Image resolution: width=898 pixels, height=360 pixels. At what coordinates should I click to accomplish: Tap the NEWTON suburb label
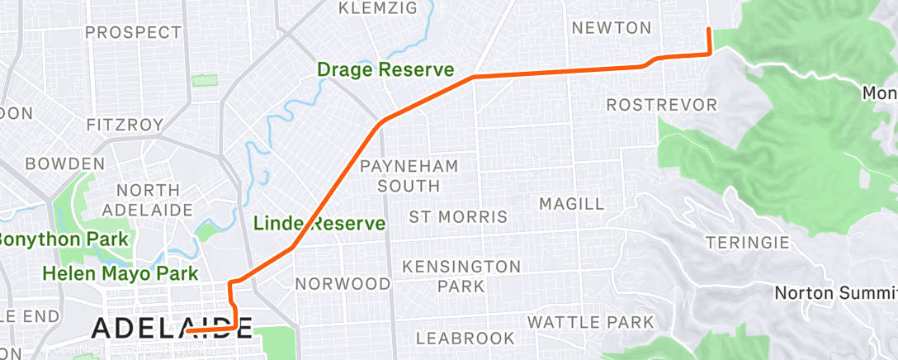(612, 28)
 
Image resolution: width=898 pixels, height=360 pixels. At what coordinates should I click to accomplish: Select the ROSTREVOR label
(662, 106)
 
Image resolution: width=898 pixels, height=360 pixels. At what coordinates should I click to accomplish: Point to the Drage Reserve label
(385, 70)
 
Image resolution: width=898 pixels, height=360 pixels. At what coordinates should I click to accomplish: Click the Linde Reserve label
(319, 223)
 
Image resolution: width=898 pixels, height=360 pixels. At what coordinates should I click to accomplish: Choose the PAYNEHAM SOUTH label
(409, 174)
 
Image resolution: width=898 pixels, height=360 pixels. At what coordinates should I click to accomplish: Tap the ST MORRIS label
(458, 217)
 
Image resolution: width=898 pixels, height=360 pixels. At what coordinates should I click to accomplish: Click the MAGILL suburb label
(571, 203)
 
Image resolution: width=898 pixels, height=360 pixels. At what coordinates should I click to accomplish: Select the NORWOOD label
(343, 284)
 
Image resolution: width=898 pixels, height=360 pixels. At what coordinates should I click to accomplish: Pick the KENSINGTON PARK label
(461, 276)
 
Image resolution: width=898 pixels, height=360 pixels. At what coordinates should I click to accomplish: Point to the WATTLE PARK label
(590, 321)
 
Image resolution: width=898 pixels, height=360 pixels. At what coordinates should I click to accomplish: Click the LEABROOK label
(466, 338)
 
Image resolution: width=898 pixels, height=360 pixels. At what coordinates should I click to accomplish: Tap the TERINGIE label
(748, 243)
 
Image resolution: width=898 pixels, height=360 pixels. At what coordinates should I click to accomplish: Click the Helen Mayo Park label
(121, 273)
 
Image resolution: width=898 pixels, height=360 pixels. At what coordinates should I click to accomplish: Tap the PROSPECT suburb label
(133, 33)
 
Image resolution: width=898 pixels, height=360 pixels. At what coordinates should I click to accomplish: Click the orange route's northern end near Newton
(708, 30)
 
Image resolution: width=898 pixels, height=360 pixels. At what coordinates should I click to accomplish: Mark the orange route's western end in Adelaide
(189, 330)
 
